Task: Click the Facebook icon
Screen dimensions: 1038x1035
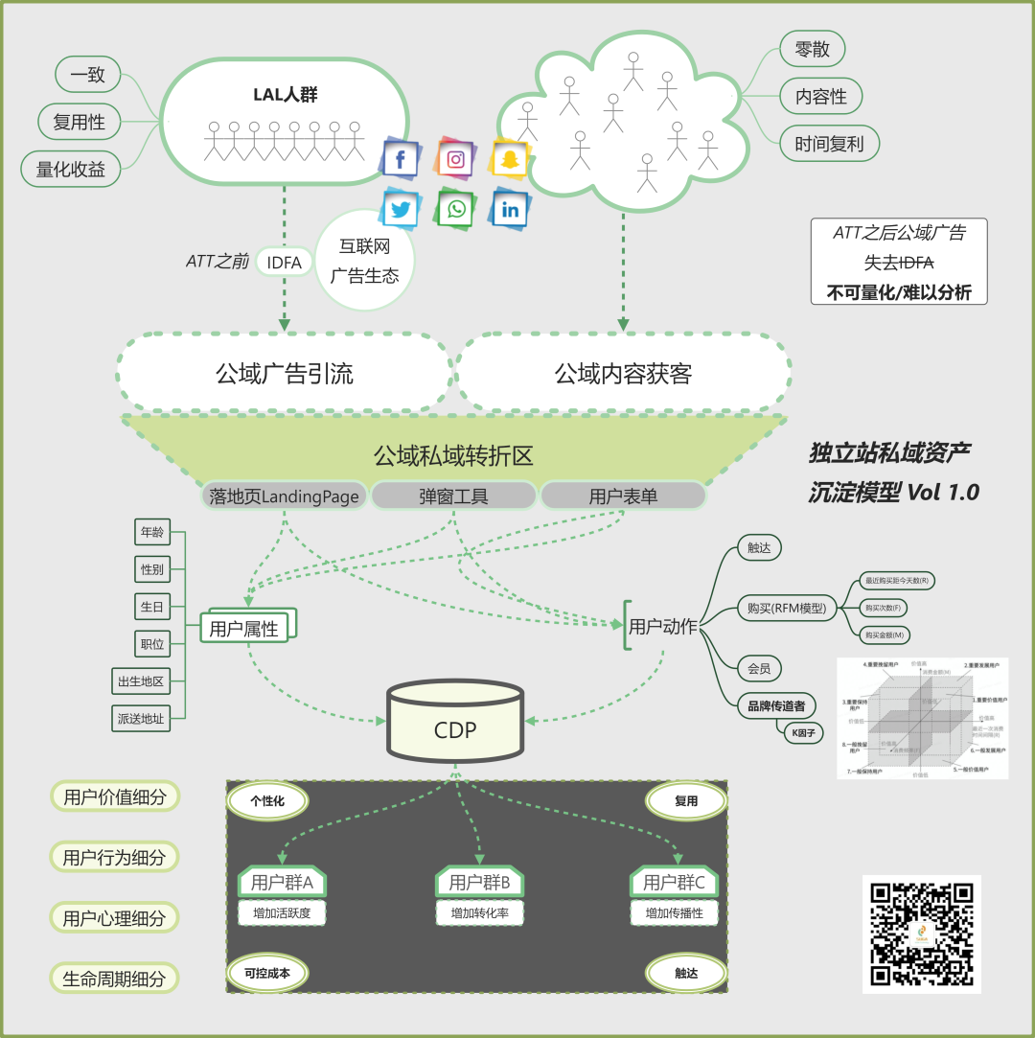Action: pyautogui.click(x=400, y=159)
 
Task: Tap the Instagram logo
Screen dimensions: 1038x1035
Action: pyautogui.click(x=455, y=159)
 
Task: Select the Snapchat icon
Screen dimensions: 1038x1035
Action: pyautogui.click(x=509, y=158)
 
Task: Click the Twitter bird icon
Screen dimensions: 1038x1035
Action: pyautogui.click(x=401, y=210)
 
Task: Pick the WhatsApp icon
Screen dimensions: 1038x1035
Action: pyautogui.click(x=456, y=209)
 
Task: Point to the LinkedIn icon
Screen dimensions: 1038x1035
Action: pyautogui.click(x=510, y=209)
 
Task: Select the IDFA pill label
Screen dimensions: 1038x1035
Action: pyautogui.click(x=284, y=262)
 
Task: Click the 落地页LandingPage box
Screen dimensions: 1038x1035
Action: pyautogui.click(x=284, y=496)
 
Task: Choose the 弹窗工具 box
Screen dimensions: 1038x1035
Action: pyautogui.click(x=453, y=496)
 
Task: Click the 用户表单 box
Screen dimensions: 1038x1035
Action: pyautogui.click(x=623, y=496)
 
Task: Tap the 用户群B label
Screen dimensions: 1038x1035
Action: pyautogui.click(x=479, y=882)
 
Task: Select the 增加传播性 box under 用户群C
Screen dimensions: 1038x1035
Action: pyautogui.click(x=674, y=913)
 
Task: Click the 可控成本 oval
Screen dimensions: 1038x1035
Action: pyautogui.click(x=267, y=973)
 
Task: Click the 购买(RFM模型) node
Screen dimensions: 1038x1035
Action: pyautogui.click(x=787, y=607)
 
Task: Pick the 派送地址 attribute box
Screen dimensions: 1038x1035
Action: pyautogui.click(x=140, y=718)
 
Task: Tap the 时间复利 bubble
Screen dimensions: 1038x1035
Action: pyautogui.click(x=829, y=145)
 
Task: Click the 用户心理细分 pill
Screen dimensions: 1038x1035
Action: pyautogui.click(x=114, y=918)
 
